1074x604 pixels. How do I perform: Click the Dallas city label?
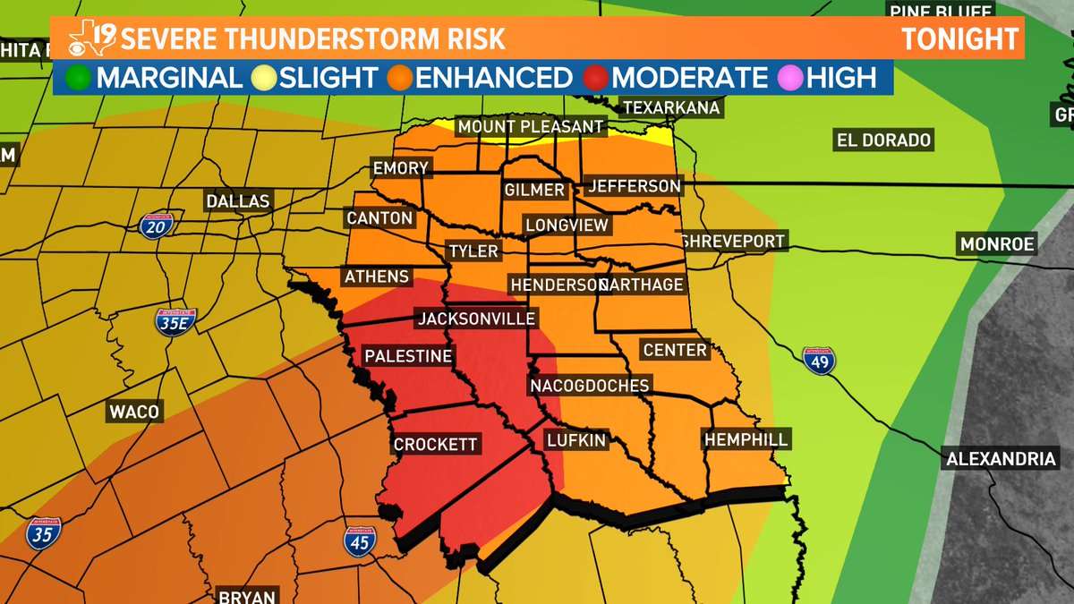click(x=238, y=201)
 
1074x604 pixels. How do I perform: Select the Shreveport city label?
click(x=732, y=241)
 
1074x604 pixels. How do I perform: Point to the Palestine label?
click(x=407, y=356)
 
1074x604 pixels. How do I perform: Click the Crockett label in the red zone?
click(x=436, y=445)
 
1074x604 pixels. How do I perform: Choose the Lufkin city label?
click(x=576, y=440)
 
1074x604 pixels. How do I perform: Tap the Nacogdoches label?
click(x=589, y=386)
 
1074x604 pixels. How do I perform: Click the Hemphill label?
click(x=746, y=439)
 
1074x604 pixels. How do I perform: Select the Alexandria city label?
click(x=1000, y=459)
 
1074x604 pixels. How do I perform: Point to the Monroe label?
click(x=997, y=244)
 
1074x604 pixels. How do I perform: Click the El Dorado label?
click(x=883, y=140)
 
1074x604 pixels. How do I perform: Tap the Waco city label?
click(x=134, y=412)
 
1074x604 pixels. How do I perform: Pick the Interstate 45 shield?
click(x=359, y=540)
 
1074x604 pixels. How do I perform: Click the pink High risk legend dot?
click(x=790, y=78)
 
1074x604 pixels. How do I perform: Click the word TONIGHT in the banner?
click(x=959, y=38)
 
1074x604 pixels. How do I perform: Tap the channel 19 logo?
click(x=90, y=38)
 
